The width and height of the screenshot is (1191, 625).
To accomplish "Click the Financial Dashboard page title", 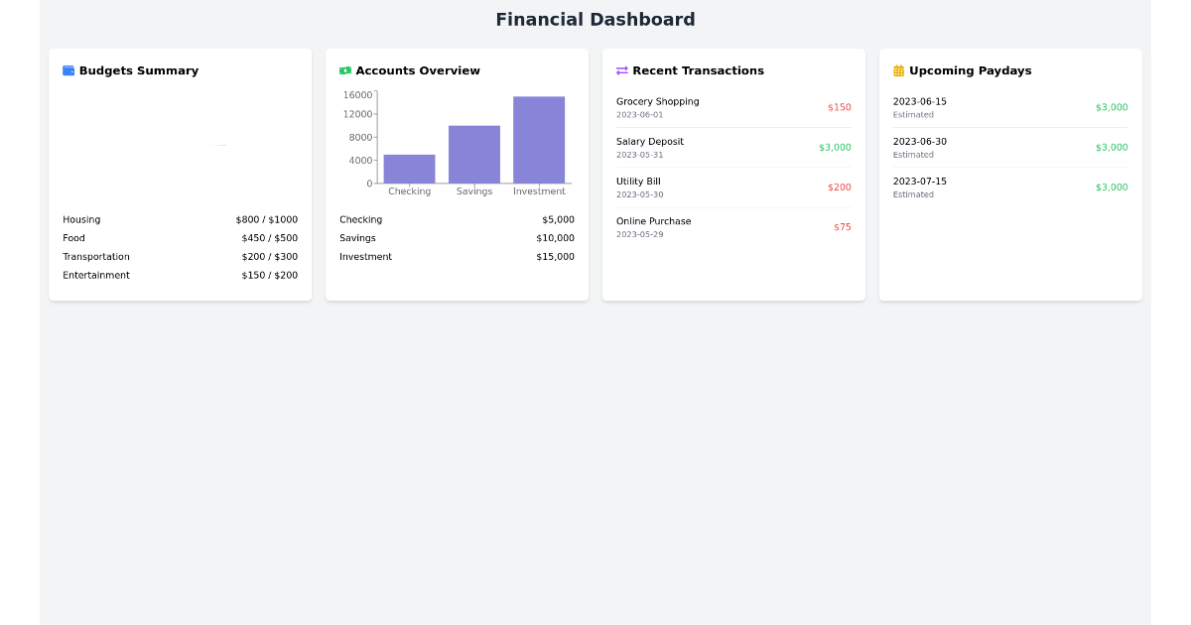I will [x=595, y=20].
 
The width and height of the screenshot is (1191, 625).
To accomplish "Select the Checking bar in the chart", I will [x=409, y=169].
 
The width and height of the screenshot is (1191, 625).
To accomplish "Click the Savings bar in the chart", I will [x=474, y=154].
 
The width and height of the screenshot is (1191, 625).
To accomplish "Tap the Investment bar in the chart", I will [x=539, y=140].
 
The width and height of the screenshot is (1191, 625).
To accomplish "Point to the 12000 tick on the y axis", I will [x=357, y=114].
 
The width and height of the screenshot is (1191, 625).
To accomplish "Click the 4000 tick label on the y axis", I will [x=360, y=161].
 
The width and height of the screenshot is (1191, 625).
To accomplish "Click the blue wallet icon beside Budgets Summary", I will [x=68, y=70].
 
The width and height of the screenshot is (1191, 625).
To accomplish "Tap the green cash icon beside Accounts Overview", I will [x=345, y=70].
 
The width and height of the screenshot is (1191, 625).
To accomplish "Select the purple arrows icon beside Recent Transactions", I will [x=622, y=70].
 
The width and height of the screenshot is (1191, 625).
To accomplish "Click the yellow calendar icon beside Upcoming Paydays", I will [x=899, y=70].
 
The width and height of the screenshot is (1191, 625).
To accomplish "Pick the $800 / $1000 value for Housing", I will [x=266, y=220].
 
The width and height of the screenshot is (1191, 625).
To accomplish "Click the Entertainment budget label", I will [x=96, y=276].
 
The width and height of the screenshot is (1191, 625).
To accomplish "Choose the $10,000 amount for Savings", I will [x=555, y=238].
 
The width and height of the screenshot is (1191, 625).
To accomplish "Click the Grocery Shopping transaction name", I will [x=657, y=101].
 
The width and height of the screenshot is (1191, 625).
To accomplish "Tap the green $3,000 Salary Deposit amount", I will [x=835, y=148].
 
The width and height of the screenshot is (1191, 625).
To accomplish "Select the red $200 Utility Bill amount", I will [x=840, y=187].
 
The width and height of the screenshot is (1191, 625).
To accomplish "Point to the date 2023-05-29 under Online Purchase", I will [x=639, y=234].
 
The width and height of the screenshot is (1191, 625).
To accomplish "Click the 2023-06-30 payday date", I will [x=919, y=142].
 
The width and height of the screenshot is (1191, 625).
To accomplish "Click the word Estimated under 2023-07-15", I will [x=913, y=194].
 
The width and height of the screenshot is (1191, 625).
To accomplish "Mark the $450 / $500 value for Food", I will [x=269, y=238].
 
